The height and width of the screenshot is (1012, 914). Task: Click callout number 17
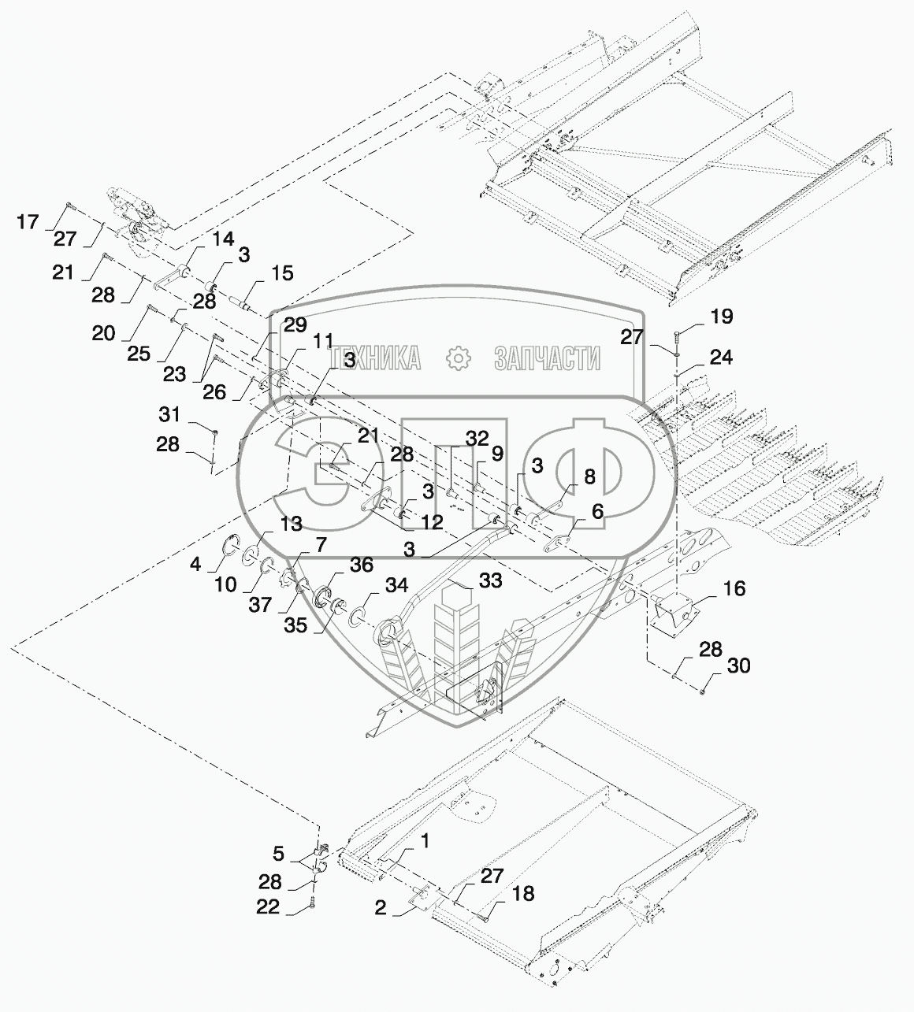click(x=28, y=223)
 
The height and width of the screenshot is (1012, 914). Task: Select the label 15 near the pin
click(x=281, y=273)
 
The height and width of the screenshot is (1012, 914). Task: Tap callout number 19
click(x=721, y=317)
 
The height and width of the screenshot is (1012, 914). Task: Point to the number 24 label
click(x=720, y=358)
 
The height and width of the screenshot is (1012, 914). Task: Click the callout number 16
click(x=734, y=588)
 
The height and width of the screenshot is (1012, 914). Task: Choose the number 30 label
click(x=738, y=666)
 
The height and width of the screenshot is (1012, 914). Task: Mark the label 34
click(x=396, y=585)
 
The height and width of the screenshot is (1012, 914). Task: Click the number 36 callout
click(x=362, y=565)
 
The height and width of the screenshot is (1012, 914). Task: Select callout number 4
click(x=195, y=565)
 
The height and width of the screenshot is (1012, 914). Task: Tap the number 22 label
click(x=268, y=907)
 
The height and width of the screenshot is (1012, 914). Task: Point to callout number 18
click(x=522, y=893)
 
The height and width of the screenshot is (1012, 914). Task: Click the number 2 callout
click(x=381, y=908)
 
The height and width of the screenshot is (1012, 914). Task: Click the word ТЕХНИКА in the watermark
click(x=376, y=359)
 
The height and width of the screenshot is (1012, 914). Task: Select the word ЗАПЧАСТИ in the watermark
click(x=547, y=359)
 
